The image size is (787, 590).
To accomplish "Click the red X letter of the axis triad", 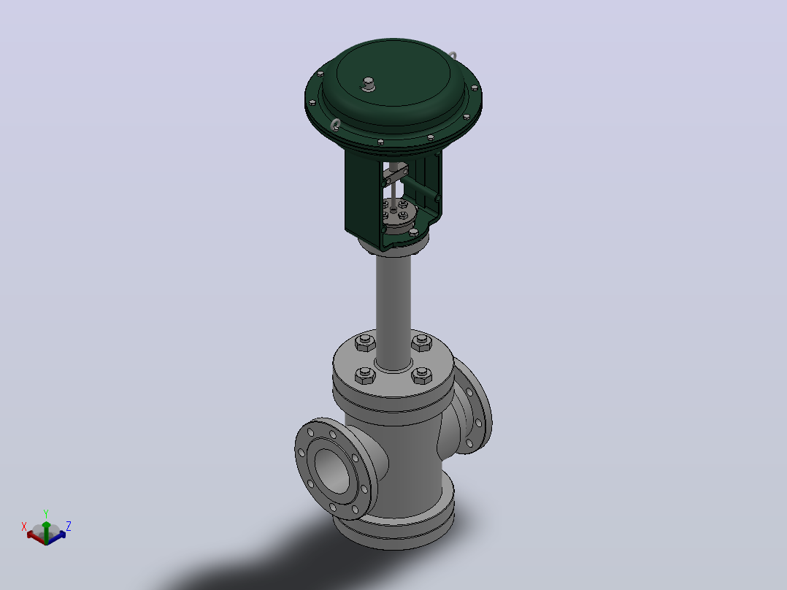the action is tap(23, 526).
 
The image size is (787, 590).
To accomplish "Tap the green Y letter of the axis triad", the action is tap(46, 514).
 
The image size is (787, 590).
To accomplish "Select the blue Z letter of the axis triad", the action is tap(69, 526).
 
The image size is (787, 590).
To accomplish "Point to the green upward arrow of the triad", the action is tap(46, 532).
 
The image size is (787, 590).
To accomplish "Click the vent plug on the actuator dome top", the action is tap(369, 84).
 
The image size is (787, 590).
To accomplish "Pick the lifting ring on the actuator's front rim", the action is tap(335, 124).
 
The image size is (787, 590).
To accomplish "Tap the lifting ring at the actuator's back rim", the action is tap(452, 55).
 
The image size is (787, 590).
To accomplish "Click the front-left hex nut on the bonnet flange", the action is tap(365, 375).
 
